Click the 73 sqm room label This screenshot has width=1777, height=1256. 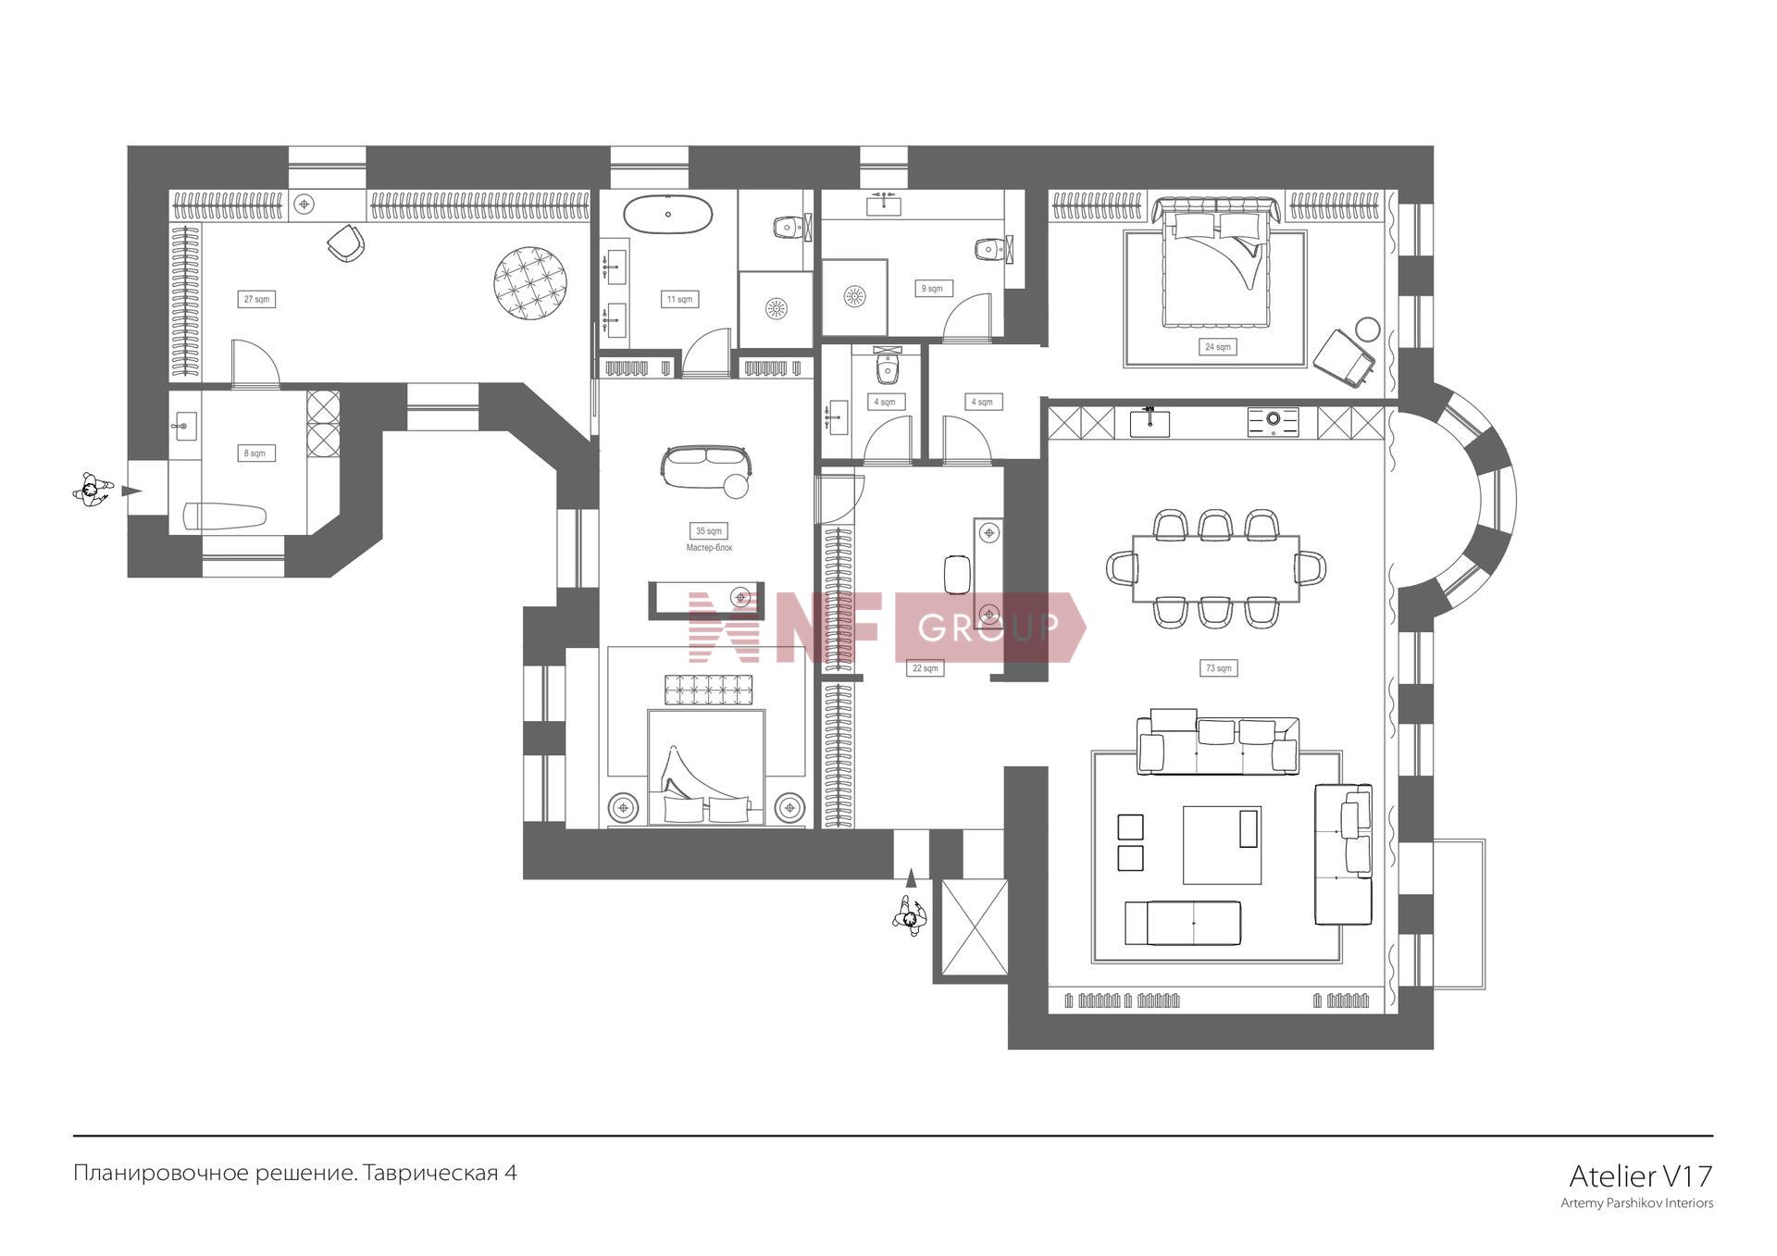(x=1218, y=668)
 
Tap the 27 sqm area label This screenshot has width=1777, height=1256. (x=256, y=299)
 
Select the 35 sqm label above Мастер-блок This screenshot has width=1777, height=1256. (x=709, y=530)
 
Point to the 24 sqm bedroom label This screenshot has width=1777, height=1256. (x=1217, y=347)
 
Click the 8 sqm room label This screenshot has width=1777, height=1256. (x=255, y=454)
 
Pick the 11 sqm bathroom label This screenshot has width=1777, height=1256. (x=679, y=299)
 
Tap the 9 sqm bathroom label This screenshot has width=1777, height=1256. (x=932, y=289)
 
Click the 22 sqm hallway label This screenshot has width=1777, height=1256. (x=925, y=668)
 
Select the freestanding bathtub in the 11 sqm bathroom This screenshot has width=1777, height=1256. (x=667, y=215)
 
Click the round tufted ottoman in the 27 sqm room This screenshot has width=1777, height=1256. (x=530, y=283)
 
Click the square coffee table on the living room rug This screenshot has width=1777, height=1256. (x=1222, y=844)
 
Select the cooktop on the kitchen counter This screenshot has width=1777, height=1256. (x=1273, y=421)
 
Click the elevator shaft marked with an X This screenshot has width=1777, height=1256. (x=975, y=927)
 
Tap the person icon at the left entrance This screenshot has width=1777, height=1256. (x=92, y=490)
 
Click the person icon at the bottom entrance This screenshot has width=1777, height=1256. (x=910, y=917)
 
